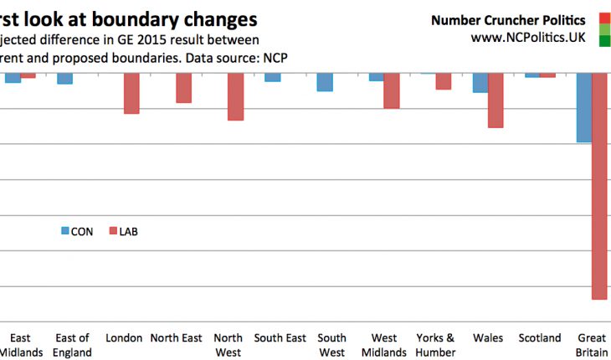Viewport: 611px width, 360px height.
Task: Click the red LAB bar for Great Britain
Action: [x=599, y=186]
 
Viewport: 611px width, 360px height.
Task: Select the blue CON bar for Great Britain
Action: [x=583, y=108]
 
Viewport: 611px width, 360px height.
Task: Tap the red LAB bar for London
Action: [x=131, y=93]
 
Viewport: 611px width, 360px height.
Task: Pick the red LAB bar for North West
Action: [x=236, y=96]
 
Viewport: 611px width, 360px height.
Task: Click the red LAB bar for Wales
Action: [x=495, y=100]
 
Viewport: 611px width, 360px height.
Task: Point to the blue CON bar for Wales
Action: [x=480, y=83]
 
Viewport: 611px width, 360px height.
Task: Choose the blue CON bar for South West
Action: [x=325, y=82]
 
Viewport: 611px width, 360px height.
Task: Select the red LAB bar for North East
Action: [x=183, y=88]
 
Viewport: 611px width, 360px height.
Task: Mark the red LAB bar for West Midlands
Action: [x=392, y=90]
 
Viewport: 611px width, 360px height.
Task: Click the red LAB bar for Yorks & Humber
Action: [x=444, y=81]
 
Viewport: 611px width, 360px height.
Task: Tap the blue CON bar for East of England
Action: [x=64, y=79]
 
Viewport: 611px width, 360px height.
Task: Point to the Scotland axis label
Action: [x=540, y=338]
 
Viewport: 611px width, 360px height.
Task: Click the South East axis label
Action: [x=280, y=338]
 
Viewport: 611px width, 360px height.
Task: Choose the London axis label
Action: [x=124, y=338]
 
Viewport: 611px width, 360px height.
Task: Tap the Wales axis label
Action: [x=488, y=338]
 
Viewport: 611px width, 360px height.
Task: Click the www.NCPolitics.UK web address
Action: [x=528, y=38]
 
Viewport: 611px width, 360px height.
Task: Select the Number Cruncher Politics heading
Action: [x=508, y=19]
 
